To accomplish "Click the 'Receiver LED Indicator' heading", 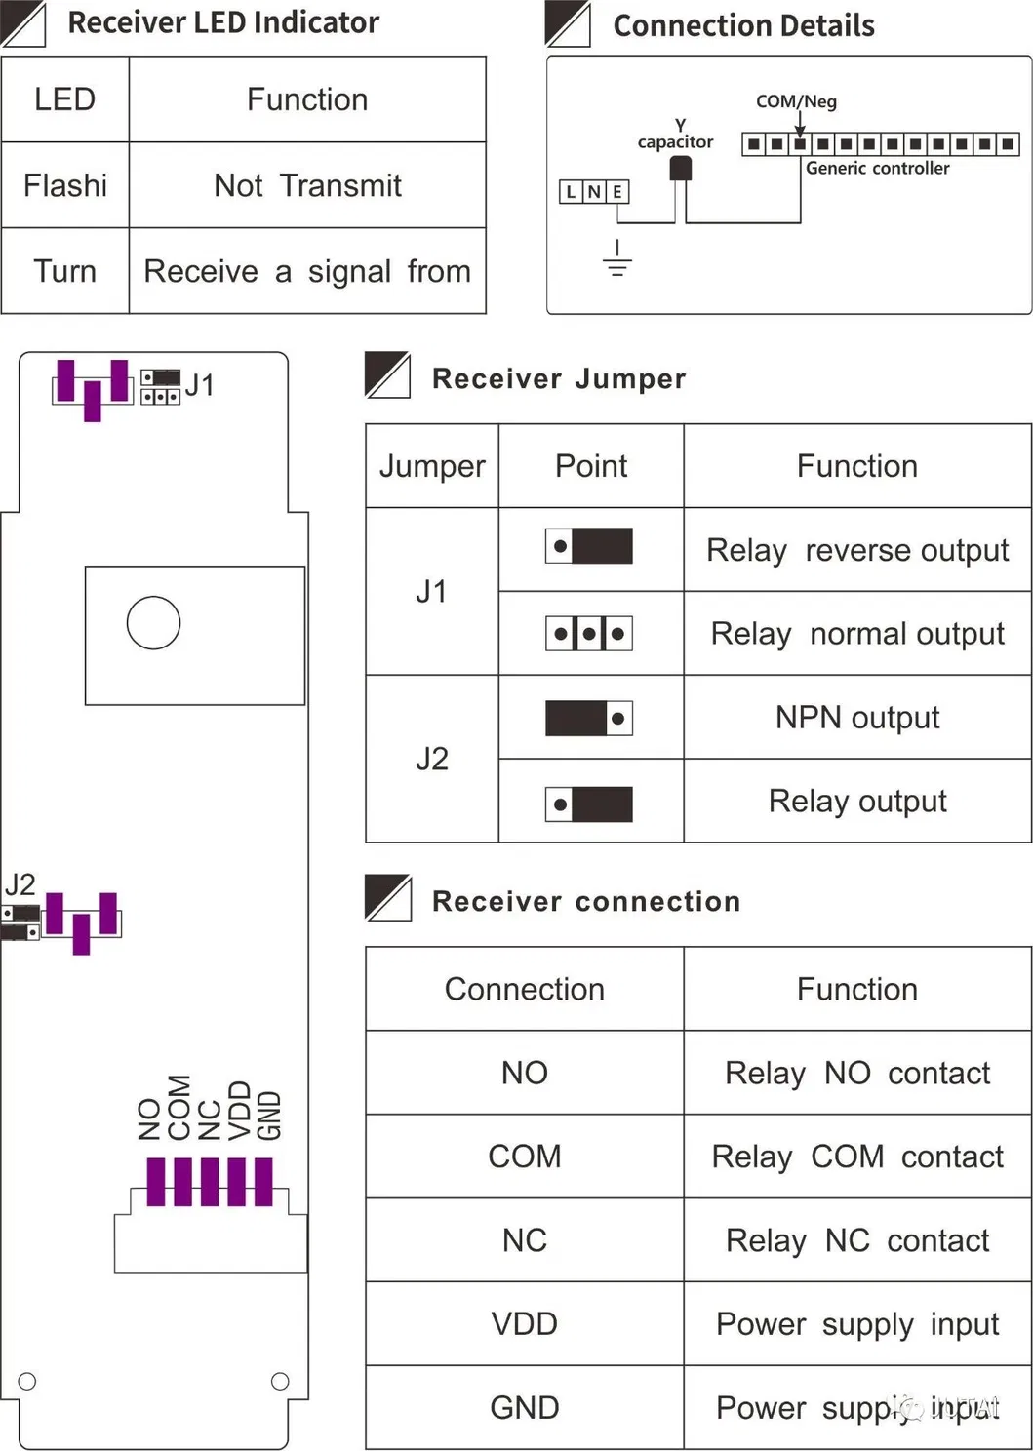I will pyautogui.click(x=222, y=22).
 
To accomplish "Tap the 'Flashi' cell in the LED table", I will pyautogui.click(x=65, y=185).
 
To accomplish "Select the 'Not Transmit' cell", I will pyautogui.click(x=307, y=185).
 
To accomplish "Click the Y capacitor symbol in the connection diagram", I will pyautogui.click(x=680, y=169).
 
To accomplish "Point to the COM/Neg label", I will pyautogui.click(x=796, y=101).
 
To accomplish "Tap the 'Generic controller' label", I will pyautogui.click(x=877, y=168).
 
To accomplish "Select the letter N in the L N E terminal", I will pyautogui.click(x=594, y=192).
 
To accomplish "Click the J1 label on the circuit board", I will pyautogui.click(x=199, y=385).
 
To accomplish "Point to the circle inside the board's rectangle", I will pyautogui.click(x=153, y=622).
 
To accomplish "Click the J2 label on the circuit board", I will pyautogui.click(x=20, y=884).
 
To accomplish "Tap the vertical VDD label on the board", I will pyautogui.click(x=240, y=1110).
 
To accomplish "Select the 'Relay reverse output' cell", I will pyautogui.click(x=856, y=550).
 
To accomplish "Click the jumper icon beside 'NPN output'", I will pyautogui.click(x=589, y=719).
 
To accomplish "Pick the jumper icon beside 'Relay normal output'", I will pyautogui.click(x=589, y=634).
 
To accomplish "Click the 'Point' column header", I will pyautogui.click(x=590, y=466).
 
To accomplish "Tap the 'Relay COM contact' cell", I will pyautogui.click(x=856, y=1157).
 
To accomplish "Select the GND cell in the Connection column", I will pyautogui.click(x=524, y=1407).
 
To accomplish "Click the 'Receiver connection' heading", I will pyautogui.click(x=585, y=901).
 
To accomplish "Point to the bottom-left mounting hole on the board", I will pyautogui.click(x=27, y=1381).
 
